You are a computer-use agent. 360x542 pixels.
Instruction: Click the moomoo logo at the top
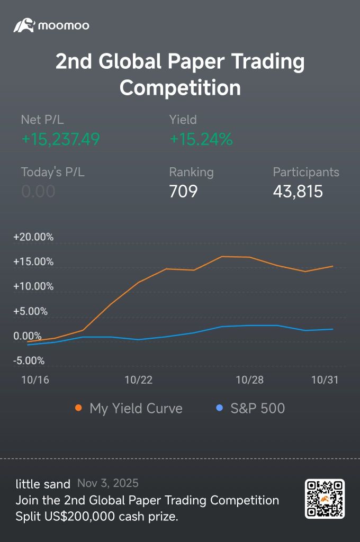pyautogui.click(x=51, y=25)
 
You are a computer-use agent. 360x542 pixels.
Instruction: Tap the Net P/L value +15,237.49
pyautogui.click(x=60, y=139)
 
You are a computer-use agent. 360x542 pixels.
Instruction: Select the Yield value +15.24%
pyautogui.click(x=201, y=139)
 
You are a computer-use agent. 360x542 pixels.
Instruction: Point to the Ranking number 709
pyautogui.click(x=183, y=191)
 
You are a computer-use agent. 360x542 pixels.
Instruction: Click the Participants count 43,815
pyautogui.click(x=298, y=191)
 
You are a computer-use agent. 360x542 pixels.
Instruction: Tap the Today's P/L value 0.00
pyautogui.click(x=38, y=191)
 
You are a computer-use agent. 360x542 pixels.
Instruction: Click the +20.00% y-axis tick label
pyautogui.click(x=33, y=237)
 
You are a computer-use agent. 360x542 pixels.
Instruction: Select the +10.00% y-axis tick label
pyautogui.click(x=33, y=286)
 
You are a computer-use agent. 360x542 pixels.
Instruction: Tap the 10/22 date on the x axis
pyautogui.click(x=138, y=380)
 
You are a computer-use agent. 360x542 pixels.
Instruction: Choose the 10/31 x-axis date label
pyautogui.click(x=325, y=380)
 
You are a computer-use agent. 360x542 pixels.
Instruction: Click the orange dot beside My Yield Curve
pyautogui.click(x=79, y=408)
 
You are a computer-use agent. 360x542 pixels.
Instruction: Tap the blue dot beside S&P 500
pyautogui.click(x=220, y=408)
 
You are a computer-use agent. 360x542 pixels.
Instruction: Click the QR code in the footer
pyautogui.click(x=325, y=499)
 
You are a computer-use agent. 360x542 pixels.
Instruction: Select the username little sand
pyautogui.click(x=43, y=484)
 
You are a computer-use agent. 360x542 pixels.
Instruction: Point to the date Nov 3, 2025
pyautogui.click(x=108, y=483)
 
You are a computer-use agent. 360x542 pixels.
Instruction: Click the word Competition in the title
pyautogui.click(x=180, y=87)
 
